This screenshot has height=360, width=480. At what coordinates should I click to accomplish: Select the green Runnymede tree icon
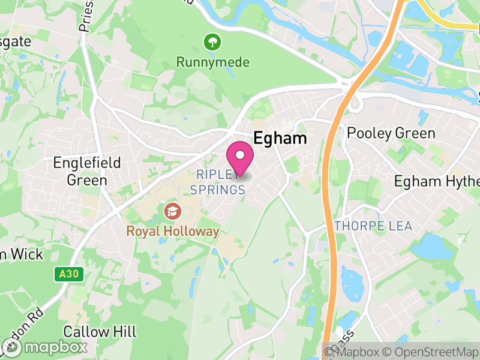(x=212, y=42)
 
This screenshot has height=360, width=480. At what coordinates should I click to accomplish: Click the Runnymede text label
(x=212, y=62)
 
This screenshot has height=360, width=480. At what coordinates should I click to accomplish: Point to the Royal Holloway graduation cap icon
(x=172, y=211)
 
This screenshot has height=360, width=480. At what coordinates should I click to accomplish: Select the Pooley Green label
(x=391, y=133)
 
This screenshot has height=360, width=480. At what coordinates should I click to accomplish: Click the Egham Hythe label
(x=437, y=181)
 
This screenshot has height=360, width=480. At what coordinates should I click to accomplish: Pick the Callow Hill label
(x=100, y=332)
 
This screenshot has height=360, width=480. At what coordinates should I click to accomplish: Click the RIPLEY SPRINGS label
(x=218, y=182)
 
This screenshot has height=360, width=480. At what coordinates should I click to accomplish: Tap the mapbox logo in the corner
(x=44, y=347)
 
